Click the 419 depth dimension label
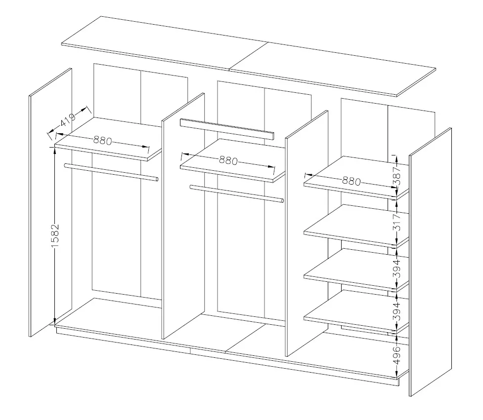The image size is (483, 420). click(68, 120)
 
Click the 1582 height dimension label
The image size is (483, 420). click(55, 236)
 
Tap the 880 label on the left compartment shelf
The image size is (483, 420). click(102, 141)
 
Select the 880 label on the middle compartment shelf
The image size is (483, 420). click(228, 160)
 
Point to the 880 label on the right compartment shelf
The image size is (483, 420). click(351, 181)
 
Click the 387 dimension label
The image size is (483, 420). click(397, 176)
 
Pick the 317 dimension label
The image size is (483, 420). click(397, 222)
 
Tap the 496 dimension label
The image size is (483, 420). click(397, 355)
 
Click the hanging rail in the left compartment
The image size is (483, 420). click(111, 172)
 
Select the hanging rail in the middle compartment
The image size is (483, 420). click(237, 193)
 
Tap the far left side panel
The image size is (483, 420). click(50, 202)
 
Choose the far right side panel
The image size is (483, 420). click(430, 262)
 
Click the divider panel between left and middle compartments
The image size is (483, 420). click(183, 216)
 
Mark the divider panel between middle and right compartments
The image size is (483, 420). click(307, 233)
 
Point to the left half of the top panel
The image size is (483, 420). click(165, 43)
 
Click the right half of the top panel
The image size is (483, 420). click(333, 70)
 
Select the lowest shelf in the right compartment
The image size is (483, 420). click(356, 311)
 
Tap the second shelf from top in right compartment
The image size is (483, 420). click(356, 226)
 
